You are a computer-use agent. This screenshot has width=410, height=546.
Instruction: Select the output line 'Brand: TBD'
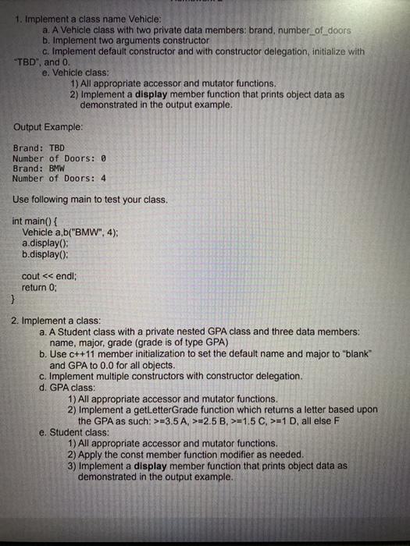click(x=38, y=147)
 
